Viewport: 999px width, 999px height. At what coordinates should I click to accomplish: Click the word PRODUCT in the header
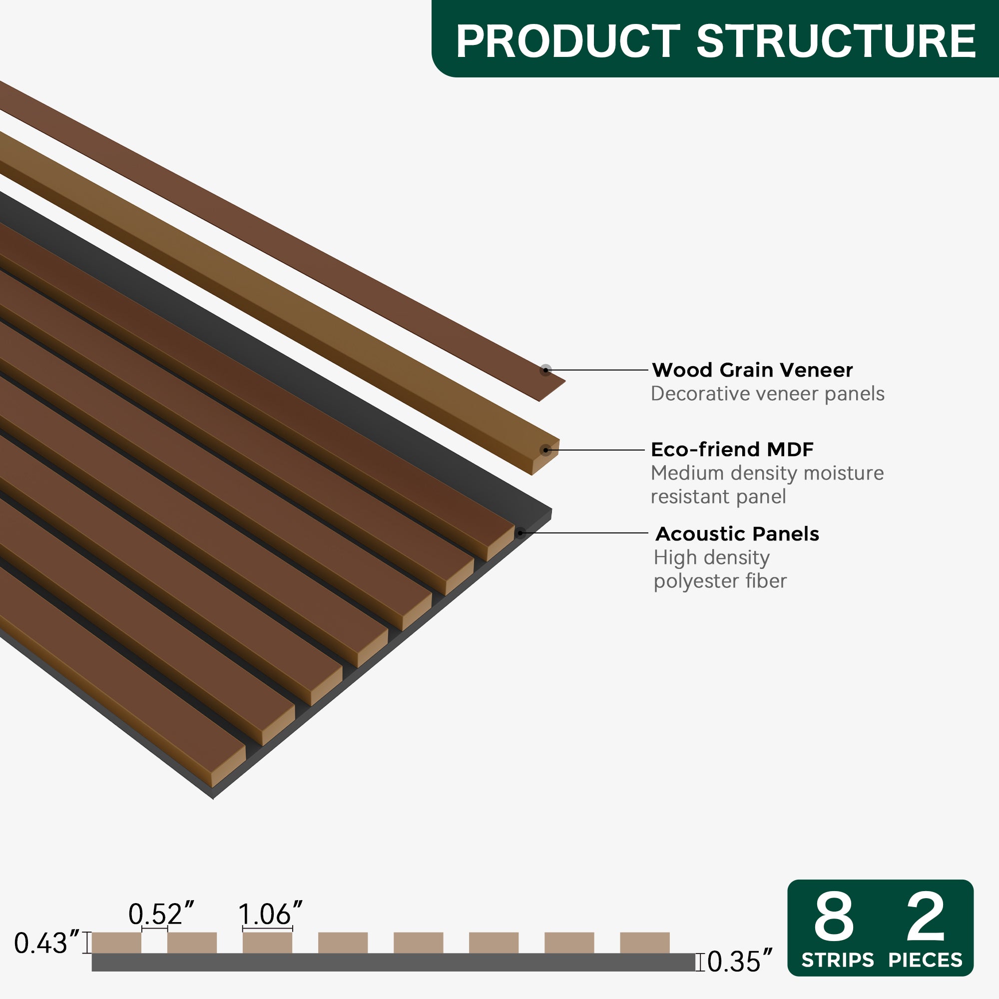pos(567,41)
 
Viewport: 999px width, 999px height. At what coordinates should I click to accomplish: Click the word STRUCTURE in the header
pos(836,41)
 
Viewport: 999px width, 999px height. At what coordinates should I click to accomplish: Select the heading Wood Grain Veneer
pos(752,370)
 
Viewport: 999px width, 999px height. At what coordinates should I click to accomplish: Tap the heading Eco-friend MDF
pos(732,450)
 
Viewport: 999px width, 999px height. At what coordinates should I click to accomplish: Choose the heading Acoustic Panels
pos(737,534)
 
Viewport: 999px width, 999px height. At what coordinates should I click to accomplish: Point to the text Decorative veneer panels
pos(767,394)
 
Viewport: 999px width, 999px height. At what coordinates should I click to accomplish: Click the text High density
pos(711,558)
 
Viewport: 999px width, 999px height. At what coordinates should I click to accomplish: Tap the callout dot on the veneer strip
pos(545,370)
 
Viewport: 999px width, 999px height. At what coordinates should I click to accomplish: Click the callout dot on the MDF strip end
pos(545,451)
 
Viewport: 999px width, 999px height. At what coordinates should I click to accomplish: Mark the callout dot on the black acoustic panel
pos(520,532)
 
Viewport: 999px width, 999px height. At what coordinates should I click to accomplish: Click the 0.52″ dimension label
pos(161,914)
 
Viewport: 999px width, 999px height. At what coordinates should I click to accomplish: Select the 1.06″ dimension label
pos(270,914)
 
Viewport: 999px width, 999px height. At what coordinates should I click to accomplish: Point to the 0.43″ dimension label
pos(47,943)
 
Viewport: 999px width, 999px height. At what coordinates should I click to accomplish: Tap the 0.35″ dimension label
pos(739,962)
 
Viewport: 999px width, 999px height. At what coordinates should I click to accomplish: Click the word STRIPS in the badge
pos(838,960)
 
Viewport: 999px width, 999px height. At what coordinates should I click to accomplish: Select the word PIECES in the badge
pos(926,960)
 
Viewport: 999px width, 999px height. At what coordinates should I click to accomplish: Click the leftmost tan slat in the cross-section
pos(116,943)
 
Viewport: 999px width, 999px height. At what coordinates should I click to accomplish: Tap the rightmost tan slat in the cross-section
pos(644,943)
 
